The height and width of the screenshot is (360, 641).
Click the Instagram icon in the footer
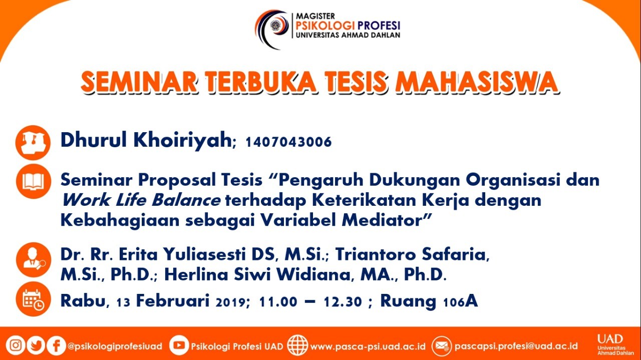[16, 345]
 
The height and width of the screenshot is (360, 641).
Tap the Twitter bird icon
[36, 345]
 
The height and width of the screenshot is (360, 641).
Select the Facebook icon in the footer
[56, 345]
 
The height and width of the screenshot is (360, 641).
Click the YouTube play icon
[179, 345]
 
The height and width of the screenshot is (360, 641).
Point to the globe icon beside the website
[297, 345]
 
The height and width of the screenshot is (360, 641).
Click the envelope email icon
[442, 346]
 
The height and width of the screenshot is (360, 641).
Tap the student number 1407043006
[288, 142]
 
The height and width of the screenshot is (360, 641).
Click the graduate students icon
[33, 143]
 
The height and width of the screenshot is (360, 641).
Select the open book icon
[34, 181]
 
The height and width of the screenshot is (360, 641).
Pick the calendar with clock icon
[34, 299]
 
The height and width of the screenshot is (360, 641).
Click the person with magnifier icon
[34, 260]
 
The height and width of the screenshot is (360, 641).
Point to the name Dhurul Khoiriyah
[146, 140]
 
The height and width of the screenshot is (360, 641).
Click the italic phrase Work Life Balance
[141, 200]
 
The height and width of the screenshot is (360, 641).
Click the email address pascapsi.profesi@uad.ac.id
[516, 346]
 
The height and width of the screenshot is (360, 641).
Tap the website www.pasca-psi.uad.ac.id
[368, 346]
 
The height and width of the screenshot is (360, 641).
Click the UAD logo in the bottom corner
[611, 344]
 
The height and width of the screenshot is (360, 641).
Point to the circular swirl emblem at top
[272, 29]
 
